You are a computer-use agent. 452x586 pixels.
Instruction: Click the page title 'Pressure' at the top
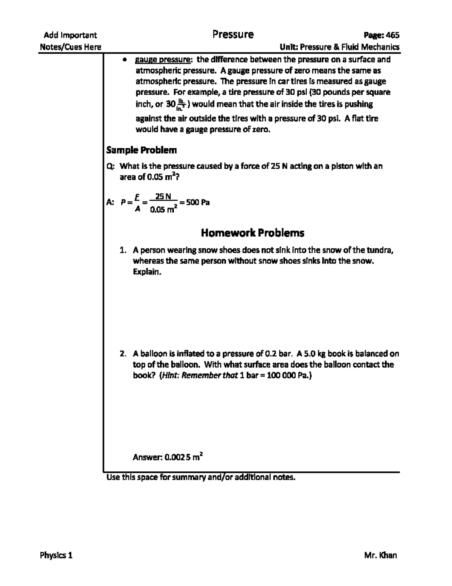233,35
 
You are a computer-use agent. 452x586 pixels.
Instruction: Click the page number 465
392,35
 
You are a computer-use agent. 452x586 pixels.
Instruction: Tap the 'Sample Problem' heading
141,150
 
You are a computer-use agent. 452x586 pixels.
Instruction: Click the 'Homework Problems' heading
252,233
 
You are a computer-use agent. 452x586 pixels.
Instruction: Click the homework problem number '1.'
122,250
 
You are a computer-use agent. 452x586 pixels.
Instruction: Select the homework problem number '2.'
122,354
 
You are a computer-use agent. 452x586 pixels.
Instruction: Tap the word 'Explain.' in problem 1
147,272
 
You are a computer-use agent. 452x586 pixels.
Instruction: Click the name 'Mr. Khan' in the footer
380,555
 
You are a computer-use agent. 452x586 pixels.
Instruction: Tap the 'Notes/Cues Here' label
71,47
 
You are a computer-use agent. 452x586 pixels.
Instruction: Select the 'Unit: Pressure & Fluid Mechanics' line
339,47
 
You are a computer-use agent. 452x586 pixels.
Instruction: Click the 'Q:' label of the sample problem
111,166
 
